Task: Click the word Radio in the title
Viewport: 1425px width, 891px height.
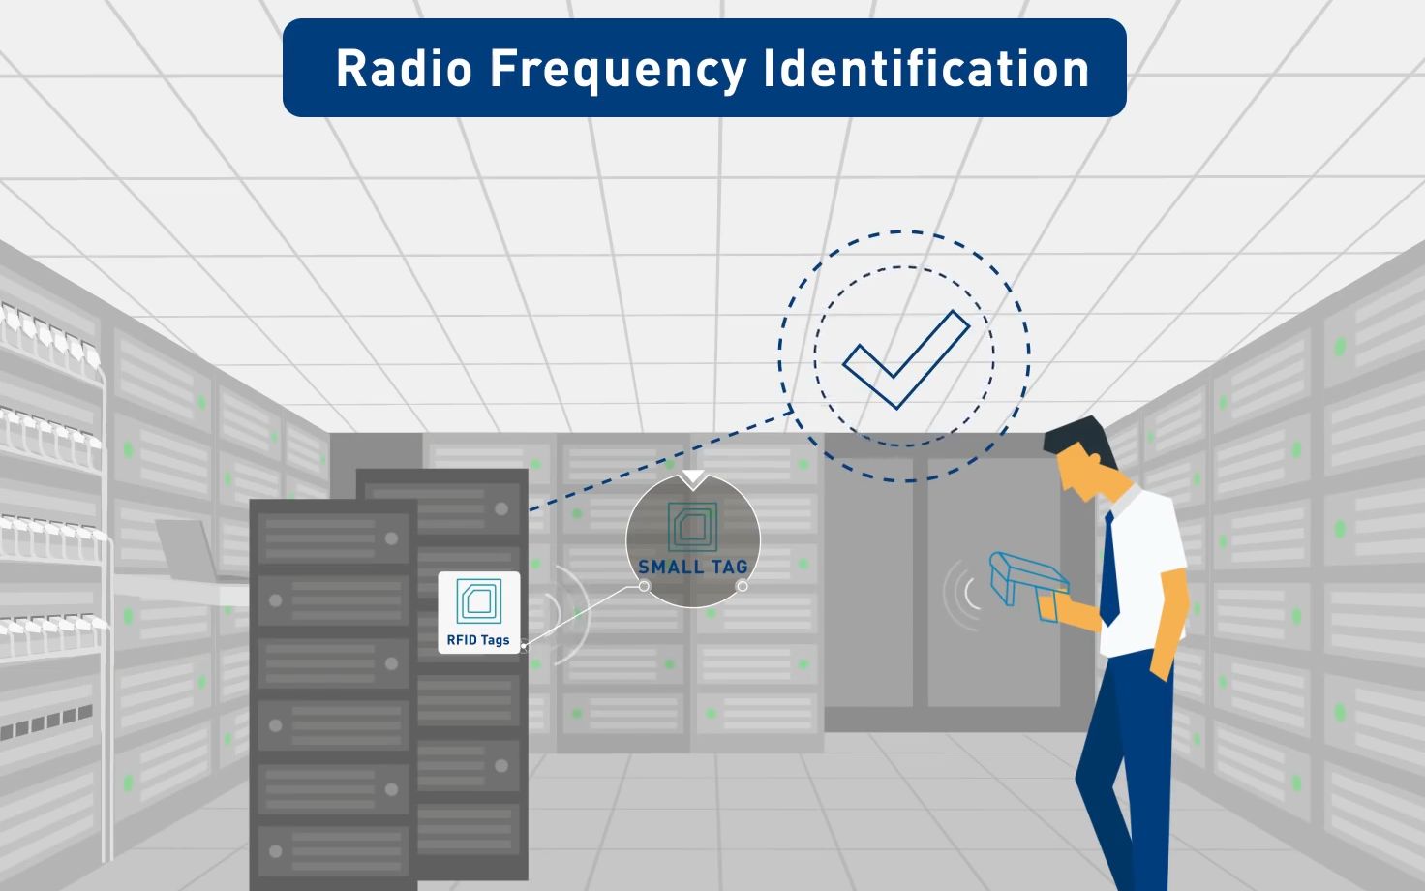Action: (x=404, y=68)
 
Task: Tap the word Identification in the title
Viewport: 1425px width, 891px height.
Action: (x=926, y=68)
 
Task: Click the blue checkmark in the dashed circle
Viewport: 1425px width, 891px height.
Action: (x=906, y=359)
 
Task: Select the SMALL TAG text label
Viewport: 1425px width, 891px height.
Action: (x=693, y=567)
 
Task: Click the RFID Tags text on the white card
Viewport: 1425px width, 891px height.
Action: (x=478, y=639)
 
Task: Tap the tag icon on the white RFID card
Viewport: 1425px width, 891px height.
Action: (x=479, y=600)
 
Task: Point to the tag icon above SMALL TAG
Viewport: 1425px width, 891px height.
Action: (x=693, y=527)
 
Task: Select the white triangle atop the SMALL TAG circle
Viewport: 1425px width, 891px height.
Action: (x=693, y=478)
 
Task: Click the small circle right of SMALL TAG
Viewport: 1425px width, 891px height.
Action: (x=742, y=586)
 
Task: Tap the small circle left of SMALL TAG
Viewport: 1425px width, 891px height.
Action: (x=644, y=586)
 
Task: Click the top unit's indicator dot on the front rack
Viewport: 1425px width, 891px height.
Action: (x=391, y=538)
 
